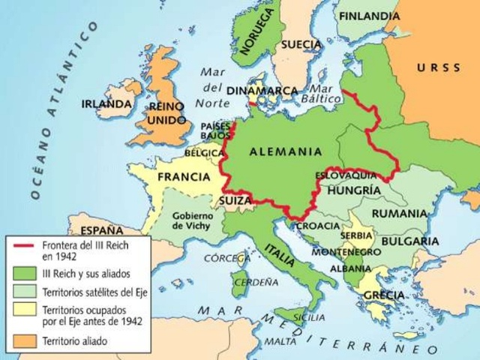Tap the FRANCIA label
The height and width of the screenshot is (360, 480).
click(183, 178)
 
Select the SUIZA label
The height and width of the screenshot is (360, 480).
click(234, 200)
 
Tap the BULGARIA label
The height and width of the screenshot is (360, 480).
click(409, 241)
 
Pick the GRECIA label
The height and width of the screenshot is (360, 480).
click(383, 295)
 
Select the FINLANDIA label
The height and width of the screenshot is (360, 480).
click(369, 16)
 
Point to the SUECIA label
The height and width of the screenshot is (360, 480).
click(301, 44)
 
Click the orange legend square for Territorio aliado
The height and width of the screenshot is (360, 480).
click(22, 340)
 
